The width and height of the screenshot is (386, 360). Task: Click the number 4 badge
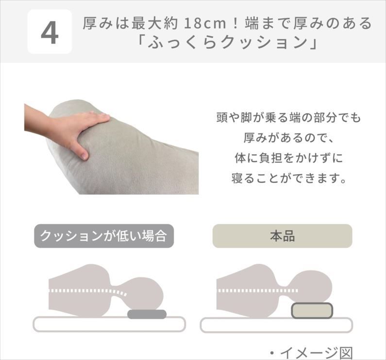(x=50, y=32)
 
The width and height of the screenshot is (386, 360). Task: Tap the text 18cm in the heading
(x=205, y=23)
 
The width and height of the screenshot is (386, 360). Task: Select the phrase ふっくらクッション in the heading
(x=227, y=43)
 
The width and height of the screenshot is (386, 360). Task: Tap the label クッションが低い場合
(x=104, y=236)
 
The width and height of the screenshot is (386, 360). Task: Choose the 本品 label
(x=283, y=236)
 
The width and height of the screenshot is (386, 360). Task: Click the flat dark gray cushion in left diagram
(x=147, y=314)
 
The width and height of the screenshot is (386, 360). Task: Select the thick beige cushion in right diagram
(x=312, y=311)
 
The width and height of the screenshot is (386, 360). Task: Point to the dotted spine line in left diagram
(x=88, y=291)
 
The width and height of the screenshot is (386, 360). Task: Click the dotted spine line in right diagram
(x=258, y=291)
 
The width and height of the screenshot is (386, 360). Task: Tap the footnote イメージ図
(x=311, y=353)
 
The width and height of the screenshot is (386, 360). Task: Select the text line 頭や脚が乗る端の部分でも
(x=288, y=117)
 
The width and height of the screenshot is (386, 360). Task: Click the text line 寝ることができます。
(x=289, y=178)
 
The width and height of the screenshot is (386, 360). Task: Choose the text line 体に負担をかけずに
(x=289, y=158)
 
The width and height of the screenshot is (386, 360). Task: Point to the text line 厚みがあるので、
(x=288, y=138)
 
